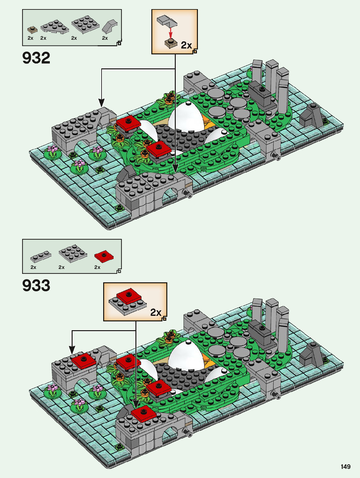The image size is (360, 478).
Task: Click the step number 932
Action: pos(36,58)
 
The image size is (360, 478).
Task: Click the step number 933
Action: pos(36,286)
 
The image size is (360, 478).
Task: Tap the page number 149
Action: pos(345,467)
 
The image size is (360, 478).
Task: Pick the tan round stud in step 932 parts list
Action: pos(32,30)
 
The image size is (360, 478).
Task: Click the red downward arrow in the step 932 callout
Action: pos(170,33)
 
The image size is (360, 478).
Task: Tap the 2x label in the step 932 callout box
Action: pos(186,45)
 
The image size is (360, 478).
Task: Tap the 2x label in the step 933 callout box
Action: pos(156,313)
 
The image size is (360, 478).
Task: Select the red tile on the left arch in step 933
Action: pos(84,360)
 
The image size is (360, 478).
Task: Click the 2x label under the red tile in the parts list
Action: pos(97,267)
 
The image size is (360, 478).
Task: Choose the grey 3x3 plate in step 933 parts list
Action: pos(73,252)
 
